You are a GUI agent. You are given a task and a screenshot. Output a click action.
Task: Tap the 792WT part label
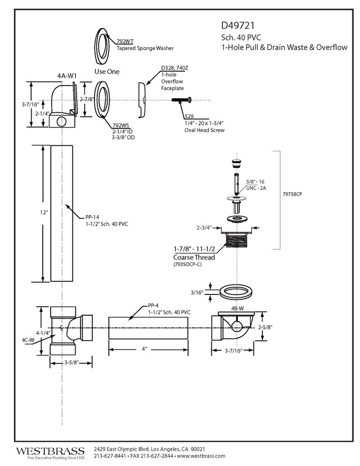coord(125,41)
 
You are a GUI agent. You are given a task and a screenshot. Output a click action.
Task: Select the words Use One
coord(107,72)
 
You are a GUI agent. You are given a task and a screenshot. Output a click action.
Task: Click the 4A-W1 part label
coord(66,76)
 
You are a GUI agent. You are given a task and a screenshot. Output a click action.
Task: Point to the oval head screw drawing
coord(183,100)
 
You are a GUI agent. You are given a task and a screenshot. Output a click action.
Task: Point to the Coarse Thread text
coord(194,257)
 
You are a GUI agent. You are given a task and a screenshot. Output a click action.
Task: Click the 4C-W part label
coord(28,340)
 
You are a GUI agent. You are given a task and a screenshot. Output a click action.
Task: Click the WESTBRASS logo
coord(50,451)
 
